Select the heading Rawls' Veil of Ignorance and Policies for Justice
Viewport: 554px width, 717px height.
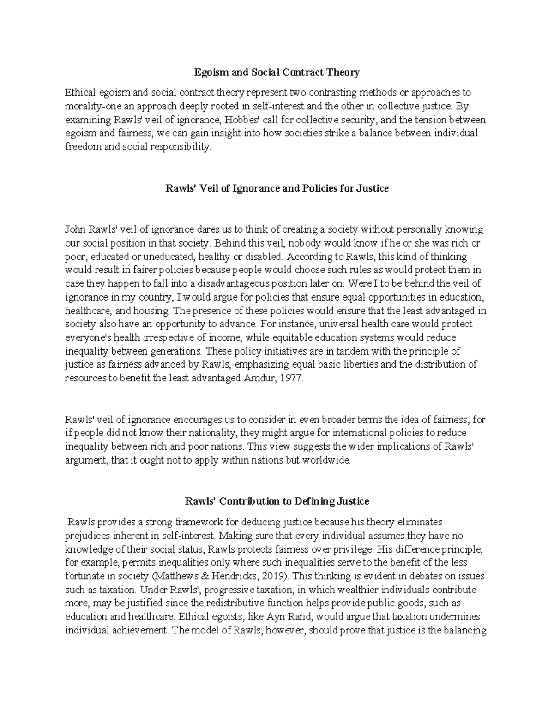277,188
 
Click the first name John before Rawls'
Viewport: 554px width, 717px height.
76,229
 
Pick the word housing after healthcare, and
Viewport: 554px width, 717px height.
157,310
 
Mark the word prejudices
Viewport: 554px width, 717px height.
88,536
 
